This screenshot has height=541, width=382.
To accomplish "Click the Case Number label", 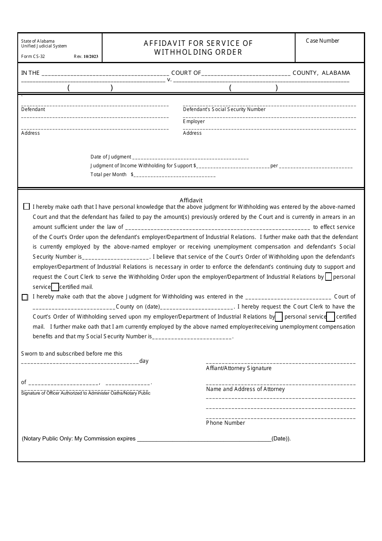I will tap(322, 41).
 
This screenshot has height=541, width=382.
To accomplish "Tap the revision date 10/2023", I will tap(91, 57).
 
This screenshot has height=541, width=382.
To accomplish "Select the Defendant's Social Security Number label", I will tap(224, 109).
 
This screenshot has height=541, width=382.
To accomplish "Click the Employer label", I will tap(194, 121).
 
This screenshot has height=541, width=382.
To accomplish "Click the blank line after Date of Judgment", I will tap(190, 158).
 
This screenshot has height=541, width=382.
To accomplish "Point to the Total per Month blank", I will tap(175, 175).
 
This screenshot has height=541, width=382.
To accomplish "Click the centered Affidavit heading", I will tap(191, 200).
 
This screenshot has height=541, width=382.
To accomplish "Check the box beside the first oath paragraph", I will tap(27, 207).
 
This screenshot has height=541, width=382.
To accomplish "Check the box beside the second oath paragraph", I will tap(25, 297).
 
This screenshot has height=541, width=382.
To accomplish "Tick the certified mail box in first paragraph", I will tap(55, 287).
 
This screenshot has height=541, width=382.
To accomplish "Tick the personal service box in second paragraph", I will tap(279, 317).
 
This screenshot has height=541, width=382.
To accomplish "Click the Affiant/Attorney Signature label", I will tap(238, 368).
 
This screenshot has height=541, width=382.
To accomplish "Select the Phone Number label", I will tap(225, 423).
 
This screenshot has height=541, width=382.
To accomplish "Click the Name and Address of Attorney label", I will tap(245, 389).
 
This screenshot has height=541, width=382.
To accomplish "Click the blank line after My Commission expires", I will tap(204, 439).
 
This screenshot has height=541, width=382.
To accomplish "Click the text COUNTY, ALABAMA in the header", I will tap(321, 73).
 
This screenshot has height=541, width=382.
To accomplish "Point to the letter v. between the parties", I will tap(169, 80).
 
